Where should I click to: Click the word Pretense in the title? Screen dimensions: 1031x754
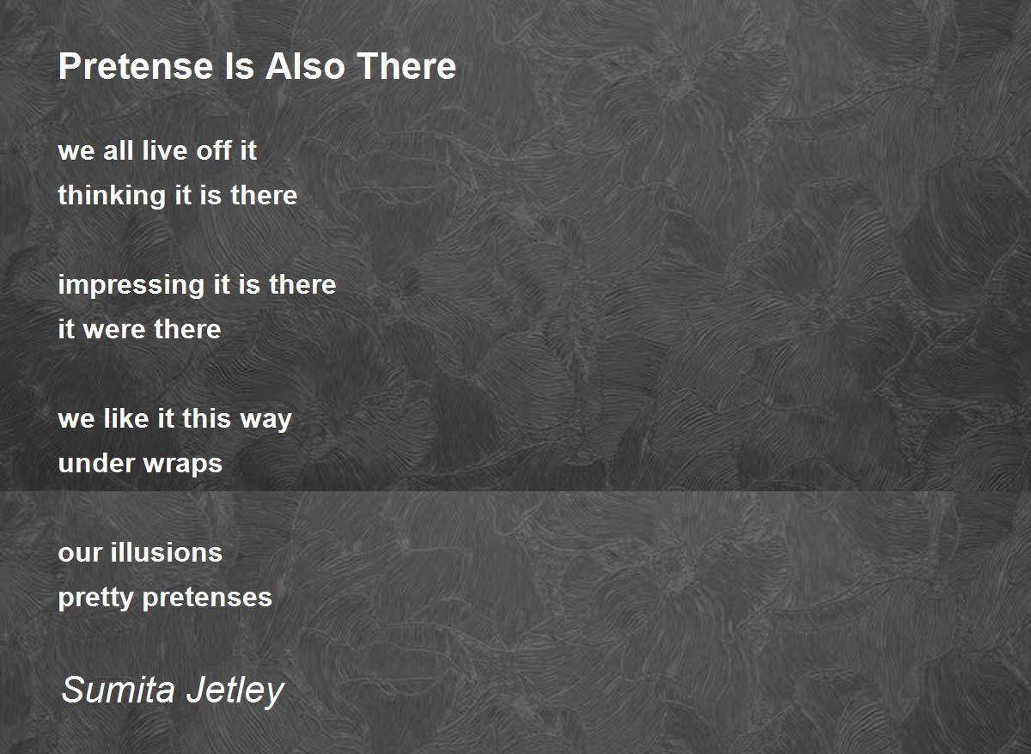(x=136, y=66)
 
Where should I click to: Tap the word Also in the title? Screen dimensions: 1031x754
(x=305, y=66)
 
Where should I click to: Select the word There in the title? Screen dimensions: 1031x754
(x=407, y=66)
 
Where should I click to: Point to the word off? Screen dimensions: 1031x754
(x=214, y=150)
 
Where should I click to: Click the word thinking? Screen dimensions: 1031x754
(x=112, y=196)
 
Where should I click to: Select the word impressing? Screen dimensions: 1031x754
(x=131, y=285)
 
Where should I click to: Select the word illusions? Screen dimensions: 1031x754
(x=166, y=552)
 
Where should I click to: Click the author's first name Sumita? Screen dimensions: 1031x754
(x=119, y=690)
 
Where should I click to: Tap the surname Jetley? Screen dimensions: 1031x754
(x=235, y=692)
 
